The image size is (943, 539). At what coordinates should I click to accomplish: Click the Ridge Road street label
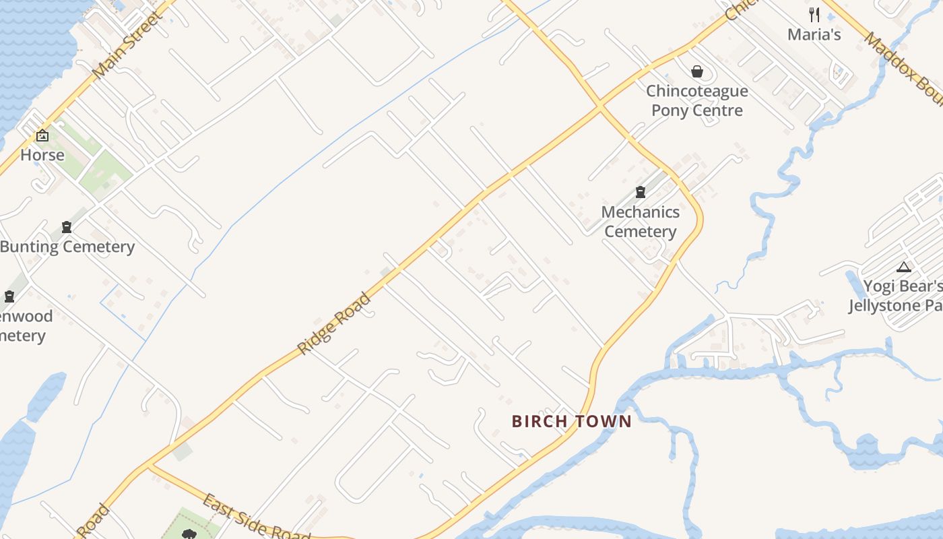pos(335,323)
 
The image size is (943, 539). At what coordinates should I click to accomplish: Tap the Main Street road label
pos(127,45)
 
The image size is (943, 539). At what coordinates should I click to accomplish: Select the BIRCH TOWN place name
pos(572,422)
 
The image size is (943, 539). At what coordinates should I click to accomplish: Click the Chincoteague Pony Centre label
pos(697,101)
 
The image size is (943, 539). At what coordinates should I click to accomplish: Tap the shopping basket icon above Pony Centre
pos(697,71)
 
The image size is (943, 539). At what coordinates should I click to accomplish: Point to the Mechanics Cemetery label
pos(640,222)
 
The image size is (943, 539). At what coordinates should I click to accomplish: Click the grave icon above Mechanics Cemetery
pos(640,193)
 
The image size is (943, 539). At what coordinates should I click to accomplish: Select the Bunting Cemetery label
pos(67,247)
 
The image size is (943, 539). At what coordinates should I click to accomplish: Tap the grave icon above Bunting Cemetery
pos(67,227)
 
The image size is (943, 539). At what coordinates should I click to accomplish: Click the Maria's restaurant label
pos(814,34)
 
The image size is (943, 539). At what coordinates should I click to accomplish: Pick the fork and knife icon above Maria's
pos(814,14)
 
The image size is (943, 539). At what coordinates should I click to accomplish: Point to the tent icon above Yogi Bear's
pos(904,267)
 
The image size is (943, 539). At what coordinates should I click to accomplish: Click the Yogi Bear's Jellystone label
pos(896,296)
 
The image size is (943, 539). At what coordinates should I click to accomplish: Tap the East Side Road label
pos(256,517)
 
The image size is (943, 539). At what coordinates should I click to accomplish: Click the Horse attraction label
pos(42,155)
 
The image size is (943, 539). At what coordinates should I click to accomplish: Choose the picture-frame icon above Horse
pos(42,135)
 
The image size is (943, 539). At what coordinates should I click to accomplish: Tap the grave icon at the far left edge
pos(9,296)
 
